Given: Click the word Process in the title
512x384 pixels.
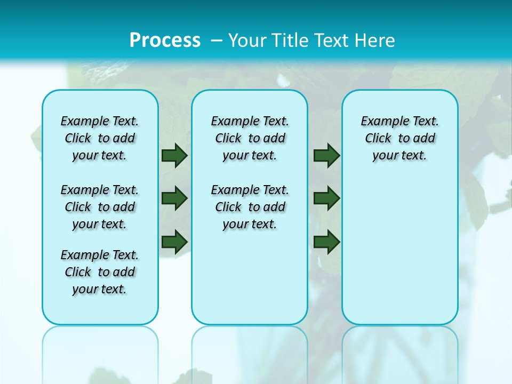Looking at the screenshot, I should coord(165,41).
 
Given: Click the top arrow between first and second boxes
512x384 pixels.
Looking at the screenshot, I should coord(174,155).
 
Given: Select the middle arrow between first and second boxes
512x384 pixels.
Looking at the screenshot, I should coord(174,198).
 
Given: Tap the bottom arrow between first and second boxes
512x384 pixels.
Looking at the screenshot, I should coord(174,241).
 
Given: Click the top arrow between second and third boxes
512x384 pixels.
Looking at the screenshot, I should coord(326,155).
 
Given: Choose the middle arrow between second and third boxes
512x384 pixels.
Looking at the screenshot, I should coord(326,198).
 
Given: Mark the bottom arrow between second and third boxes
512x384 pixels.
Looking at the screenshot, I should coord(326,241).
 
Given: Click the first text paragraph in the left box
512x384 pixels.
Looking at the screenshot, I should coord(100,138).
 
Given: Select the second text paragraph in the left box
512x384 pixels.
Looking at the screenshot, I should coord(100,207).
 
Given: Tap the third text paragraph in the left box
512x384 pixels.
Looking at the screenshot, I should coord(100,272).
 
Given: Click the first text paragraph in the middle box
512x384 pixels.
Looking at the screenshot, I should coord(250,138).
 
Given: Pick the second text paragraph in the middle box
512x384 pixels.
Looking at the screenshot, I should coord(250,207).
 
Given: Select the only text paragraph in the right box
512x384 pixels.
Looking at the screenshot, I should coord(400,138).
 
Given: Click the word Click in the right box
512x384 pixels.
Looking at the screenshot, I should coord(378,138).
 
